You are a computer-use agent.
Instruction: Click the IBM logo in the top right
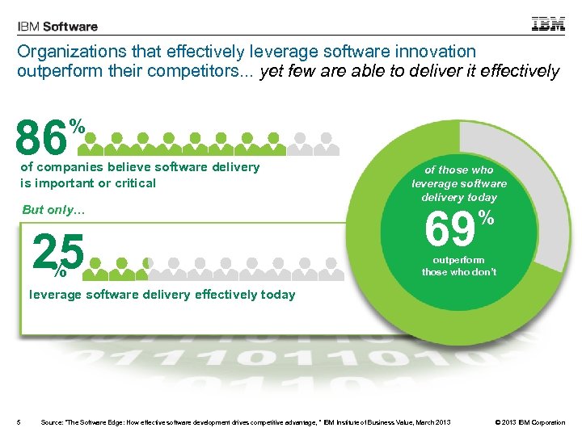coord(548,23)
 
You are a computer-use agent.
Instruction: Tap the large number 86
coord(40,137)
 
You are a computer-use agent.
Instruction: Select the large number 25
coord(58,254)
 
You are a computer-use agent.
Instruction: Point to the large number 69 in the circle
coord(449,229)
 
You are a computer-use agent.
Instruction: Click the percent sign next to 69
coord(486,217)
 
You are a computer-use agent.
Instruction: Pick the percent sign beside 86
coord(78,125)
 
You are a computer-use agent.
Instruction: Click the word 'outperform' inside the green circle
coord(458,260)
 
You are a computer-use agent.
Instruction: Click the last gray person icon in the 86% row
coord(326,144)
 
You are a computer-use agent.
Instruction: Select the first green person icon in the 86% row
coord(95,144)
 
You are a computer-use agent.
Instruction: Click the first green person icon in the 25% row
coord(98,265)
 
